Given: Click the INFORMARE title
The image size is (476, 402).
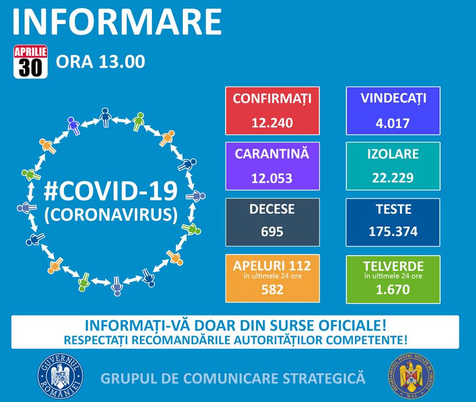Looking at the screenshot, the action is [x=117, y=22].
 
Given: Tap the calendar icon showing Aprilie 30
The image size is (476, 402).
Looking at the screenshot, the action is [x=30, y=62].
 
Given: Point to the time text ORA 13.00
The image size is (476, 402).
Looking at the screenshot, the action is [x=101, y=62].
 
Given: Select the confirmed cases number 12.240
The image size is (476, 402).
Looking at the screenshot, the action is [x=273, y=123].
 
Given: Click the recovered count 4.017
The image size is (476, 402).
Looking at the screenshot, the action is [x=393, y=123].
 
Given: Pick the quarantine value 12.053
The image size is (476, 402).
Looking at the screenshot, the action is [x=272, y=178].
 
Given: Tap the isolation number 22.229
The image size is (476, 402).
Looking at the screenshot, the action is [x=393, y=177].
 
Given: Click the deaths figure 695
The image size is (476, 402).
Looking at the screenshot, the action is [x=273, y=232].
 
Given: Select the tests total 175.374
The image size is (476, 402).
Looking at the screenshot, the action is [x=393, y=232].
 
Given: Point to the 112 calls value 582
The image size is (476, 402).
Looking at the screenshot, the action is [x=273, y=289].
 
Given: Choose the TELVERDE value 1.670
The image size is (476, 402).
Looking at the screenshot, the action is [x=393, y=289].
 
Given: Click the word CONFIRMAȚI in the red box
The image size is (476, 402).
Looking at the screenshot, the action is [x=273, y=99].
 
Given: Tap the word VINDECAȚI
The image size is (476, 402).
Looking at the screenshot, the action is [x=393, y=98].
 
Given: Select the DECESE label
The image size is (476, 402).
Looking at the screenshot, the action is [x=272, y=209].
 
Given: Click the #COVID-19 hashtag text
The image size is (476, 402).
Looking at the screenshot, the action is [x=111, y=191].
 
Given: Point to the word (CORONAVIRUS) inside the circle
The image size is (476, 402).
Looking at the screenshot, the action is [x=111, y=215].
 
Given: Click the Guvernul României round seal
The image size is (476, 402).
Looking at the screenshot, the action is [x=60, y=376].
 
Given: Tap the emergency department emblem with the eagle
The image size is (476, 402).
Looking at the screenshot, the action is [x=411, y=376].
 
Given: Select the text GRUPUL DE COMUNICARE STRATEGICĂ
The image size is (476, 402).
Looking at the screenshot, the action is [x=233, y=379].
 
